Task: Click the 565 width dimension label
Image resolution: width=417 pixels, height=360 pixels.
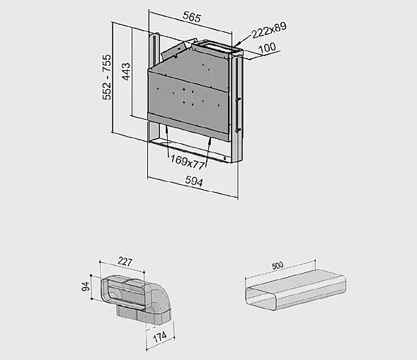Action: pos(192,17)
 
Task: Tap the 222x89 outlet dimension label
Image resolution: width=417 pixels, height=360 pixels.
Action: pos(269,30)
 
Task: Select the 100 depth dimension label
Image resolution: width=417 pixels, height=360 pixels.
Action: pos(267,48)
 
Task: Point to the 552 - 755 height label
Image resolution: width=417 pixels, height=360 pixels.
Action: pos(106,77)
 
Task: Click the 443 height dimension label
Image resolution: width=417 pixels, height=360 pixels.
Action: pos(126,72)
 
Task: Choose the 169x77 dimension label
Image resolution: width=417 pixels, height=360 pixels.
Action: pos(187,162)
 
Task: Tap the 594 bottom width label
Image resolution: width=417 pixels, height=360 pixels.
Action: pos(194,181)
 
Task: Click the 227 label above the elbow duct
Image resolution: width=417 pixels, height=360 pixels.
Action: pos(125,261)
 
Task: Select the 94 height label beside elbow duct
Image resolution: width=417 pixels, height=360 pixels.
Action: pos(86,286)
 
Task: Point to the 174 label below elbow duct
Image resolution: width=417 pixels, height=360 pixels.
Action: pos(160,337)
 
